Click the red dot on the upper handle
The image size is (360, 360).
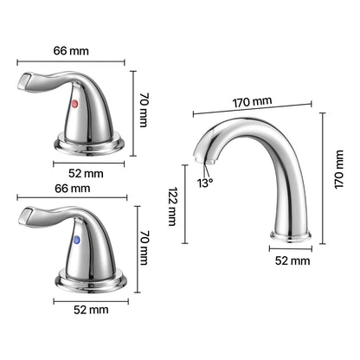(74, 104)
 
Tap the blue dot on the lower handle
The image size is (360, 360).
(77, 240)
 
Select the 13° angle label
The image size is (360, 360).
(205, 183)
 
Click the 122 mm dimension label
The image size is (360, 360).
(172, 206)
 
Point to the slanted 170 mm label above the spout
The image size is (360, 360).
(253, 102)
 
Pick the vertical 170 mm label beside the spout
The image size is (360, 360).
(339, 170)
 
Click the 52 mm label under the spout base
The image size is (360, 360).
(292, 260)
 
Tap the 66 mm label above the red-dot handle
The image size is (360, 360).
(71, 51)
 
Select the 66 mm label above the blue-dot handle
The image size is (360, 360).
(73, 189)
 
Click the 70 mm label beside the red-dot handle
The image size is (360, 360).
(144, 110)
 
